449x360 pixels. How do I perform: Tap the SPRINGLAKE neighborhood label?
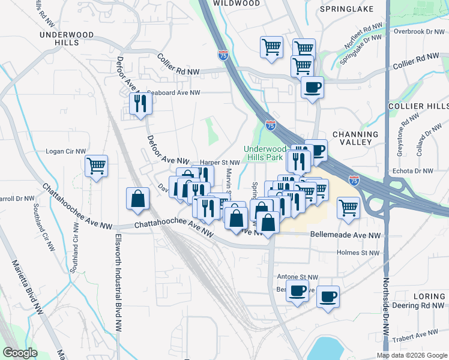(347, 9)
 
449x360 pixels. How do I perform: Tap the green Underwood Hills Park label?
(265, 154)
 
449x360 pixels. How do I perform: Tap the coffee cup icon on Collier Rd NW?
(312, 87)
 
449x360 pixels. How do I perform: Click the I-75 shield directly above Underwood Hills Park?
(271, 125)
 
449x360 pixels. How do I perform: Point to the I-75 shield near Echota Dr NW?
(354, 179)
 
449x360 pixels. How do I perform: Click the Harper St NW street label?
(220, 162)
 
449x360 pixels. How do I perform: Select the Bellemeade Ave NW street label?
(345, 235)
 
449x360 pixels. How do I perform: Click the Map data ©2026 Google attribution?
(411, 355)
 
